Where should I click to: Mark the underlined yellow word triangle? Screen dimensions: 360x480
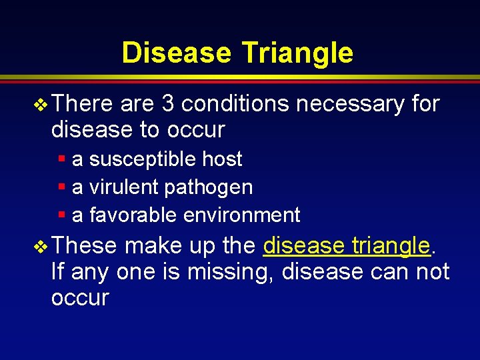click(390, 246)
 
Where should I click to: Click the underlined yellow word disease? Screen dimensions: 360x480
click(301, 246)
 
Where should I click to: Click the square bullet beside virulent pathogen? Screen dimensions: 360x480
click(61, 187)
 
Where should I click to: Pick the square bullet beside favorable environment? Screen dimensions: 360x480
click(61, 215)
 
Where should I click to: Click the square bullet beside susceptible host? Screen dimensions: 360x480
click(61, 159)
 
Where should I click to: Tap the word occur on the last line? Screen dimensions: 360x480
click(79, 298)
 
